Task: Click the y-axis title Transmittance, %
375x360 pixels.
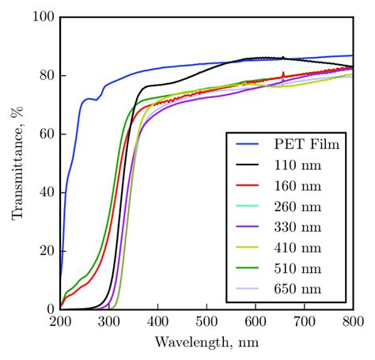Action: click(17, 163)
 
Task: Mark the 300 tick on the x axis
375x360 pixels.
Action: click(109, 322)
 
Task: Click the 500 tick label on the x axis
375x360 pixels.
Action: click(206, 322)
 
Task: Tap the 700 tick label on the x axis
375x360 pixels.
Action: click(305, 322)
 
